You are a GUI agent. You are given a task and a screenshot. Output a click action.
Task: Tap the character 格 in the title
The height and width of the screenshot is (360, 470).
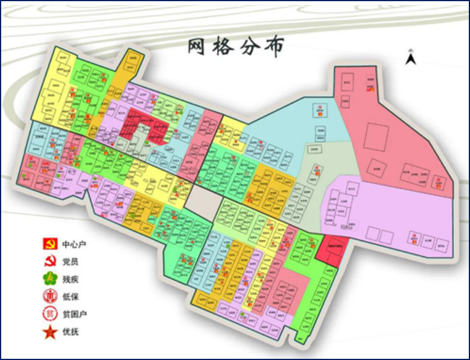click(226, 46)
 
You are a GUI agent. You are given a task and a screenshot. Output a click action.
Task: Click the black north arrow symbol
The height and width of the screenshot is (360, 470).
click(410, 58)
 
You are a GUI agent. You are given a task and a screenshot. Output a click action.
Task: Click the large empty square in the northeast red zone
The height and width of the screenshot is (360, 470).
click(376, 137)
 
